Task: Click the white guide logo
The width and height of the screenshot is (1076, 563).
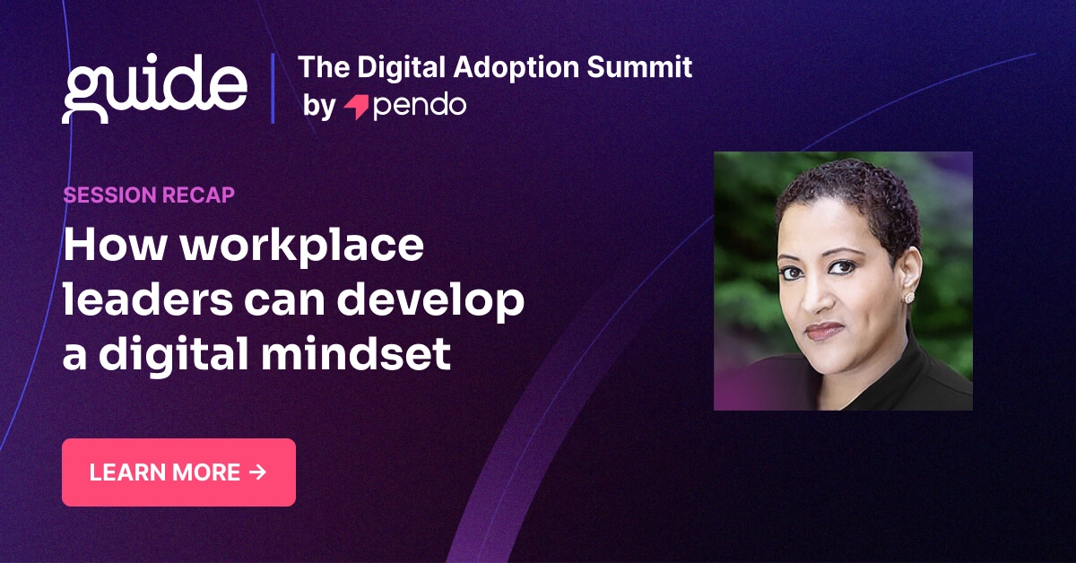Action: (x=154, y=88)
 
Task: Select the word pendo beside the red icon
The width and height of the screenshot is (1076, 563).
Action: (x=419, y=107)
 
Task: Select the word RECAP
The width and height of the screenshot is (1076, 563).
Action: (x=200, y=195)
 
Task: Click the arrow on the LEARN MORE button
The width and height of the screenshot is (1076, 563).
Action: (x=257, y=472)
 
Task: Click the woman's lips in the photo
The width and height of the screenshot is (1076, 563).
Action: (x=824, y=330)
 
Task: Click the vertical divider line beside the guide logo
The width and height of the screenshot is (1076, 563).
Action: (x=273, y=88)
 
